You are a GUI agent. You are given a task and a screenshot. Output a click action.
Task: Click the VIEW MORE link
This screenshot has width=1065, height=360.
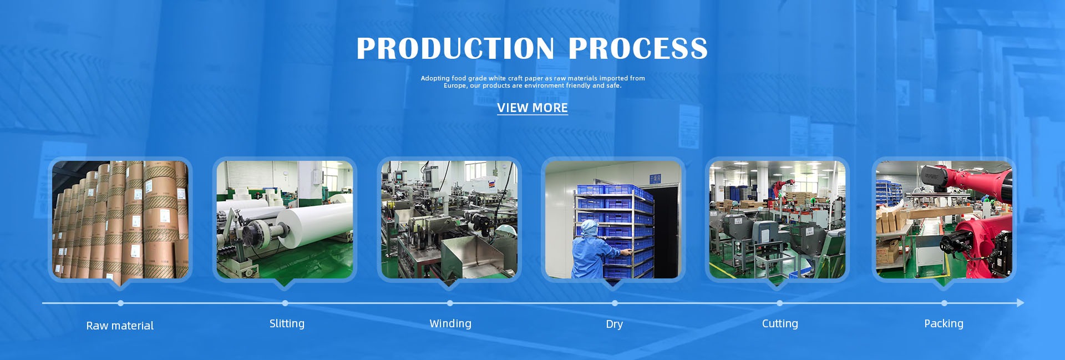point(532,108)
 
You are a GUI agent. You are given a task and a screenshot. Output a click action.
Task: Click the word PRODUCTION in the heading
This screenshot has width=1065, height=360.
point(455,48)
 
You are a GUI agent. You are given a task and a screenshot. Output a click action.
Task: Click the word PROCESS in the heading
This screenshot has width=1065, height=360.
point(638,48)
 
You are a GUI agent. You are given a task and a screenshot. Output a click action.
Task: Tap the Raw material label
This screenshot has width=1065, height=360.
point(120,326)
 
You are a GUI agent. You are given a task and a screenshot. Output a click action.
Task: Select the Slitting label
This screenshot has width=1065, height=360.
point(287,323)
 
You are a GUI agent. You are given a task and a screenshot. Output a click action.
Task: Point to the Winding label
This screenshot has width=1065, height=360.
point(450,323)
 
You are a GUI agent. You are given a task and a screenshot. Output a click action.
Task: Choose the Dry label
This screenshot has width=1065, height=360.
point(614,324)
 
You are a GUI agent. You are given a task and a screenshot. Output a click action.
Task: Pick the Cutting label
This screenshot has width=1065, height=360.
point(780,323)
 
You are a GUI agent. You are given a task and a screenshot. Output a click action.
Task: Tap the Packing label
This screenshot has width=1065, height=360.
point(944,323)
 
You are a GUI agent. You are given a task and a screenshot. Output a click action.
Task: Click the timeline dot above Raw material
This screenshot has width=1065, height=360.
point(120,303)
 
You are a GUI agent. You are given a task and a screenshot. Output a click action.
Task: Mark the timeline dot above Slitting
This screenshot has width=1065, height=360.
point(285,303)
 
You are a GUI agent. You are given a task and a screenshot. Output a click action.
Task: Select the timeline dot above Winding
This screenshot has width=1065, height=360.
point(450,303)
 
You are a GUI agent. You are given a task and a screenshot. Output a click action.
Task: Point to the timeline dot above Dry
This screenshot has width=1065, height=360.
point(615,303)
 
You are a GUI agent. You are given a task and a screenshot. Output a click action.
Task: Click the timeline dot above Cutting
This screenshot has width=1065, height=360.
point(779,303)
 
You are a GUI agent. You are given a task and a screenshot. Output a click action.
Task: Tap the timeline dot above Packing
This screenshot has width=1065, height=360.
point(944,303)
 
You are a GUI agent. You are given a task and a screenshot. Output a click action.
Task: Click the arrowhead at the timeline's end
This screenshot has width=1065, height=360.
point(1021,303)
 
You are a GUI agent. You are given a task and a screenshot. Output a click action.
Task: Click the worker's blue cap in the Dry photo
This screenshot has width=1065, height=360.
point(587,227)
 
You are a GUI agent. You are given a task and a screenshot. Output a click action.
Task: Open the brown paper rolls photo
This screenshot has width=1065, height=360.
point(120,220)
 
